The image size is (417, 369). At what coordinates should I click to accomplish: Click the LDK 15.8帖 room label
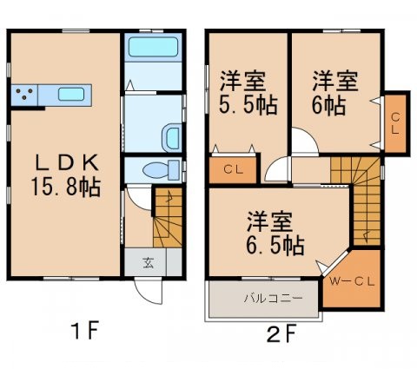coord(63,174)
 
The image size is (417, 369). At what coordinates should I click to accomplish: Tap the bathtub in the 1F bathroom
coord(151,52)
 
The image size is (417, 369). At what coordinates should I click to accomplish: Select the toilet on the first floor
coord(158,168)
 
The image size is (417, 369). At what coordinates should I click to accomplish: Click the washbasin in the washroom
coord(172,136)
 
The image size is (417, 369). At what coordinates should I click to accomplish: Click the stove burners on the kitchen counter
coord(24,94)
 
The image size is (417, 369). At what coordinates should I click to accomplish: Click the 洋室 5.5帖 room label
coord(242,91)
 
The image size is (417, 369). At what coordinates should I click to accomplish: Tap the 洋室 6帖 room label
coord(334,91)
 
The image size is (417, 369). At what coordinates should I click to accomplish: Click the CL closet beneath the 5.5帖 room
coord(233,169)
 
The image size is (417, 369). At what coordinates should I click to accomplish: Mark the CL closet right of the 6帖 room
coord(395,122)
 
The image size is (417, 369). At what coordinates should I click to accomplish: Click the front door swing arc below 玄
coord(149,292)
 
